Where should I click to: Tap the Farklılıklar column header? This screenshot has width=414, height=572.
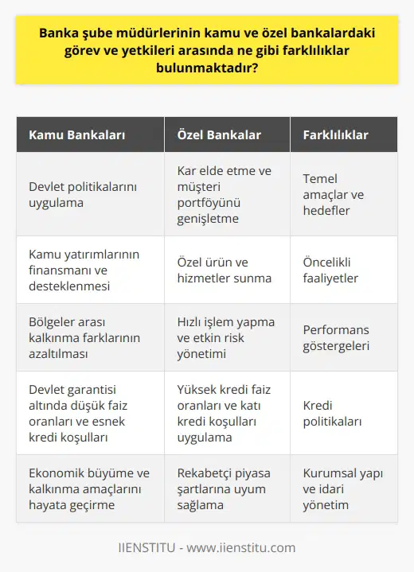[x=335, y=134]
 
